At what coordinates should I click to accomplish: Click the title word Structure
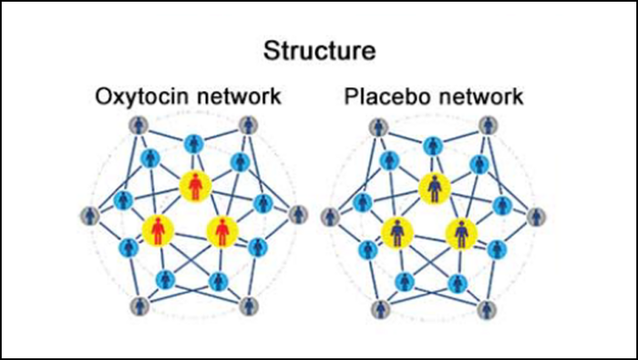coord(318,51)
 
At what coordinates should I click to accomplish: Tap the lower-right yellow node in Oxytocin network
coord(221,230)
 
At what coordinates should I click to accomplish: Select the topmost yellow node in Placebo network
coord(434,188)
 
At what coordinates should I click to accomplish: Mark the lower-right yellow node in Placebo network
coord(462,231)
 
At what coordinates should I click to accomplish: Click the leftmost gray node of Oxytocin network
coord(88,216)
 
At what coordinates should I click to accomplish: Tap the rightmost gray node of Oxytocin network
coord(295,216)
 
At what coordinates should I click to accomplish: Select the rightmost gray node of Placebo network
coord(538,217)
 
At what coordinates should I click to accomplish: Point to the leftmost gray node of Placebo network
coord(331,217)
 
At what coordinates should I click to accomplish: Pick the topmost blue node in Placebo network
coord(434,143)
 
